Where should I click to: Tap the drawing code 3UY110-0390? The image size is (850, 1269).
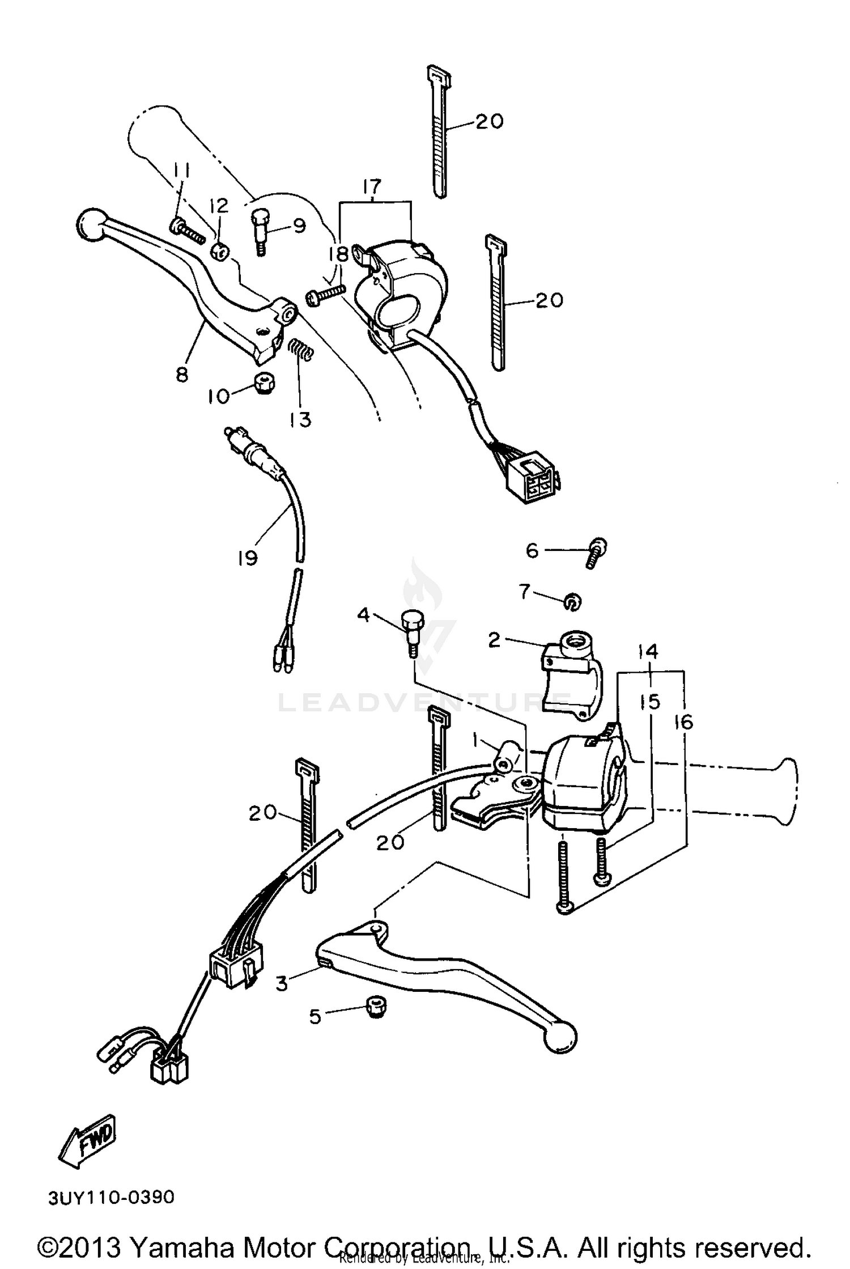pyautogui.click(x=111, y=1198)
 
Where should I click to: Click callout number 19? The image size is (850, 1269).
pyautogui.click(x=248, y=558)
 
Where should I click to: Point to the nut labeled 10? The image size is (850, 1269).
pyautogui.click(x=264, y=384)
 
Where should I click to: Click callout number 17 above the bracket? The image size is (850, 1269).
pyautogui.click(x=372, y=186)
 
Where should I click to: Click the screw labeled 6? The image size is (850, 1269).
pyautogui.click(x=595, y=551)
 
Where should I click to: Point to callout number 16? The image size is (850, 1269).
pyautogui.click(x=684, y=721)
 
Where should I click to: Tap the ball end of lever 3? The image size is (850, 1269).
pyautogui.click(x=559, y=1037)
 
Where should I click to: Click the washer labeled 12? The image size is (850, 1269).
pyautogui.click(x=220, y=251)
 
